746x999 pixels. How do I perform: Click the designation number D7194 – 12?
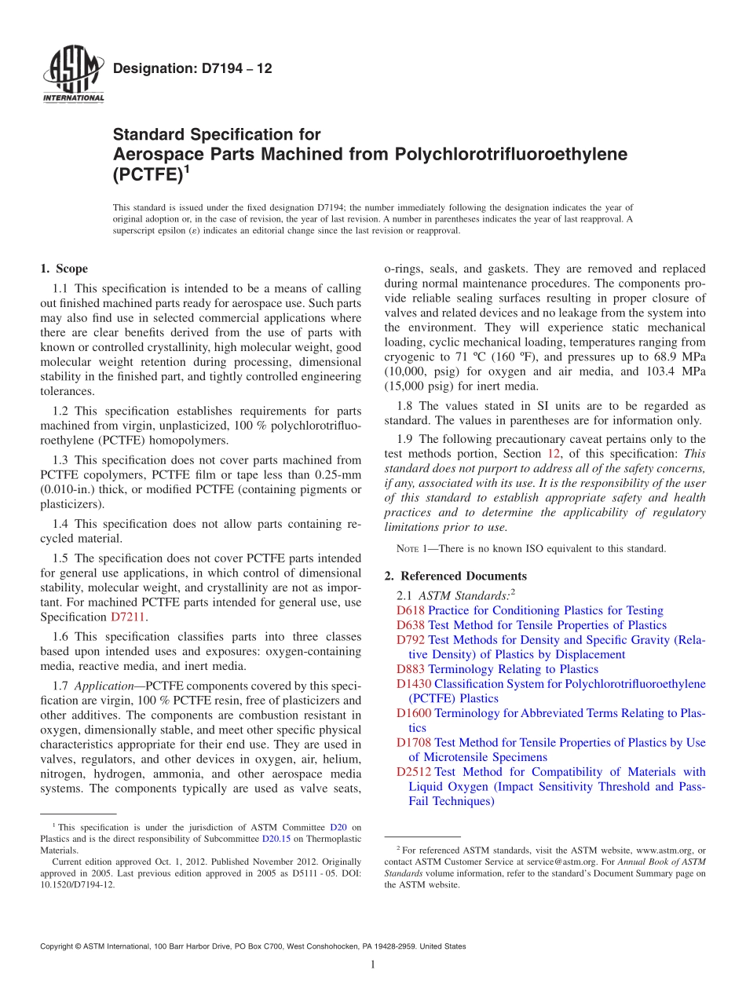click(x=192, y=69)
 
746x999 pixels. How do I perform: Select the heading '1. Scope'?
click(x=64, y=269)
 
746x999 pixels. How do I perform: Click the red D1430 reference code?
click(x=414, y=684)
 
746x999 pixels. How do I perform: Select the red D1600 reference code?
click(x=414, y=713)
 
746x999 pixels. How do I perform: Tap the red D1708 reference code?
click(x=414, y=742)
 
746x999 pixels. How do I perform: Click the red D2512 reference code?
click(x=414, y=772)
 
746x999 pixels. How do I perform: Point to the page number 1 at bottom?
click(x=373, y=964)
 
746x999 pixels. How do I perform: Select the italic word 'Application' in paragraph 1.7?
click(x=104, y=686)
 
